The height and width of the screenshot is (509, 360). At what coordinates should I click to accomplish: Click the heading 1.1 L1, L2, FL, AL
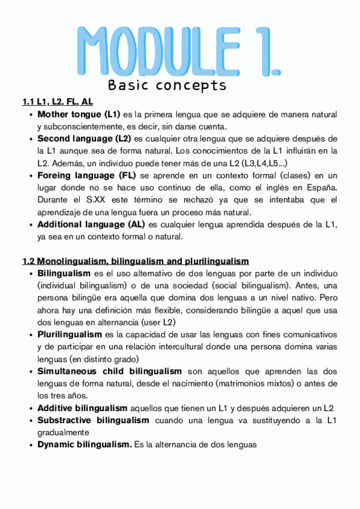coord(57,101)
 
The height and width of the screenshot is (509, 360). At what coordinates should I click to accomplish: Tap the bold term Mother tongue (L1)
coord(79,114)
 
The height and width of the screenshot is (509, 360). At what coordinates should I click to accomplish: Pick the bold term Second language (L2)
coord(84,139)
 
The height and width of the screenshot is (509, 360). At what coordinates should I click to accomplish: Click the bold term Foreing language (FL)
coord(86,175)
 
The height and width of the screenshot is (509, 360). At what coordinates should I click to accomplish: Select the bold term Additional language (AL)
coord(89,224)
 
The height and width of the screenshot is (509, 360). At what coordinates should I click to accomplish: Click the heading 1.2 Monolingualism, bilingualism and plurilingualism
coord(135,261)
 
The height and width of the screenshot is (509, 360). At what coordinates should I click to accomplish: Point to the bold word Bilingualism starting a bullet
coord(64,273)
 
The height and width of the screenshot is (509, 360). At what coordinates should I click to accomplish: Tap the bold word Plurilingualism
coord(70,334)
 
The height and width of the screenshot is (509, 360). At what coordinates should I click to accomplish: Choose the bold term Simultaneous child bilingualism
coord(109,371)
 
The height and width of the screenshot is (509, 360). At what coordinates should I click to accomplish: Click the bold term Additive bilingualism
coord(82,408)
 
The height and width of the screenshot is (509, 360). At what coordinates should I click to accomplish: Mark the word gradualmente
coord(63,432)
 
